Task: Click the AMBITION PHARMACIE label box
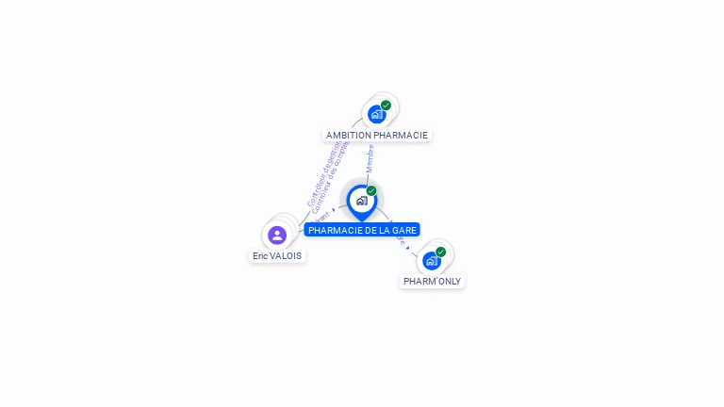tap(376, 135)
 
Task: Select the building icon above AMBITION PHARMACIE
tap(377, 115)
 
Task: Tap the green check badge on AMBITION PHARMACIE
tap(386, 106)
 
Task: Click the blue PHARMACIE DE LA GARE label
tap(362, 230)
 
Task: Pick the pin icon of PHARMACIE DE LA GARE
tap(361, 201)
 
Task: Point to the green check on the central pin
tap(371, 191)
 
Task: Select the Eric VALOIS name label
tap(277, 255)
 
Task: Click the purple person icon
tap(277, 235)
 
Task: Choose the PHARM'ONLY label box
tap(432, 281)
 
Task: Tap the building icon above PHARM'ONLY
tap(431, 261)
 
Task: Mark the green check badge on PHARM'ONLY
tap(440, 252)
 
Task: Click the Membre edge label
tap(370, 158)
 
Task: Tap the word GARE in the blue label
tap(405, 230)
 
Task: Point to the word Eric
tap(260, 255)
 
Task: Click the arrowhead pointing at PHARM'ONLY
tap(408, 247)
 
